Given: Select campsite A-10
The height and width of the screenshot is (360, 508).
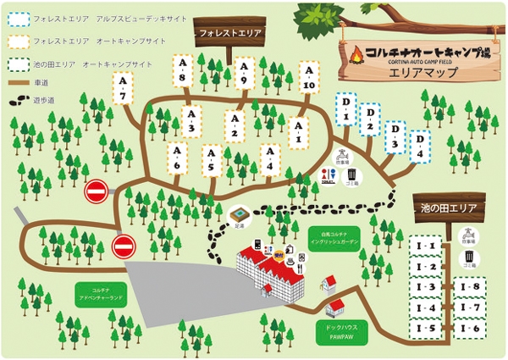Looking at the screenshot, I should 308,76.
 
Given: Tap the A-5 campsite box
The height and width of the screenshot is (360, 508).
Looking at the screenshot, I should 212,159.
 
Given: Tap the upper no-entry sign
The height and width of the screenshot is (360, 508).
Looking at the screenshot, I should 97,192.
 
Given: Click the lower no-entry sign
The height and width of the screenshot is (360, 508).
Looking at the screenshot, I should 124,246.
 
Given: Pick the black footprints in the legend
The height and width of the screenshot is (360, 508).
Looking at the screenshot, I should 17,100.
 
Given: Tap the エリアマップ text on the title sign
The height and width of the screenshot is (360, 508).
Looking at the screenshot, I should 422,73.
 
